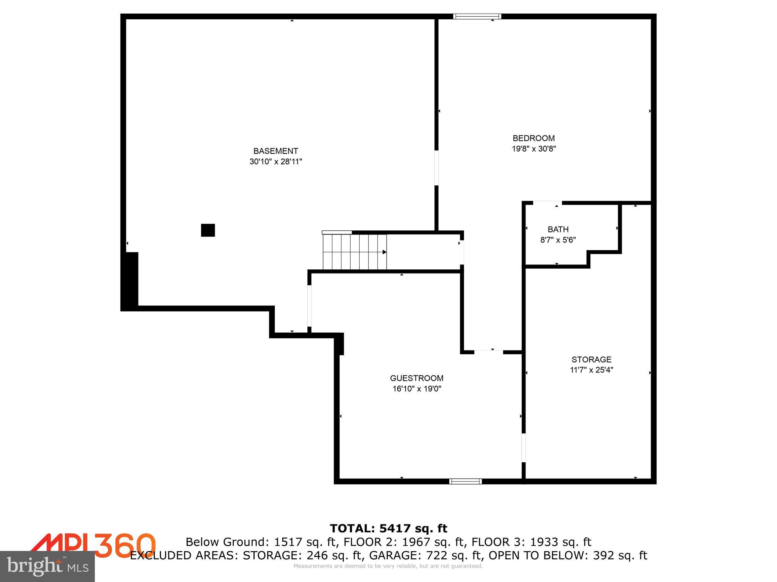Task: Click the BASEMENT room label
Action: coord(275,151)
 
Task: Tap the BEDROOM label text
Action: coord(533,138)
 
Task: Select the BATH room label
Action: coord(558,229)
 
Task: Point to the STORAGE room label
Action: coord(591,359)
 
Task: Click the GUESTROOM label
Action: coord(417,378)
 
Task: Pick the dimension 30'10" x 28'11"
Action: coord(275,162)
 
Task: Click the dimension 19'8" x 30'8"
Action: coord(533,149)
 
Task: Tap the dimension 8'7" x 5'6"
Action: coord(558,240)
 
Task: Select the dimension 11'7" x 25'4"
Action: coord(591,370)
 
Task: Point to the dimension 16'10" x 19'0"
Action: coord(417,389)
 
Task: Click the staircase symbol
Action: coord(354,252)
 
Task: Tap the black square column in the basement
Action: coord(208,230)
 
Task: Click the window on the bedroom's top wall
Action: coord(477,16)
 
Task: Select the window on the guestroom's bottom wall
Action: coord(465,482)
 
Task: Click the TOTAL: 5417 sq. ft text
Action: coord(388,528)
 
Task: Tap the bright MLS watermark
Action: coord(47,566)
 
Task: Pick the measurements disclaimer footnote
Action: coord(388,566)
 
